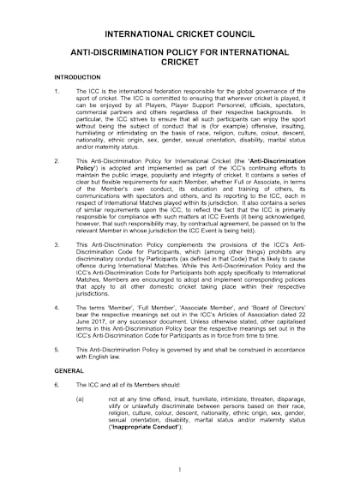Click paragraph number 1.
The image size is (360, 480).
(x=56, y=90)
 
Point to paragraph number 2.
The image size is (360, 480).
(x=56, y=160)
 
